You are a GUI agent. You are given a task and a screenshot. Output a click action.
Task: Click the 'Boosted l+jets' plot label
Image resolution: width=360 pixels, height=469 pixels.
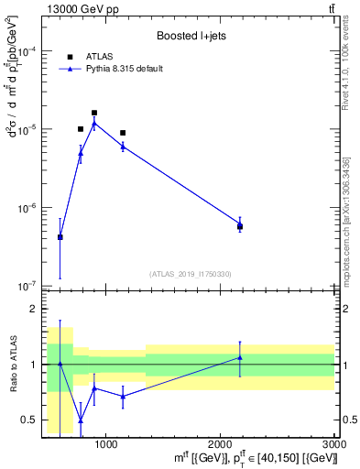tap(190, 37)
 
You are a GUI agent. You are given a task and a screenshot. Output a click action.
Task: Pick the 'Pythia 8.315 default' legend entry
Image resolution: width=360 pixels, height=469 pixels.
tap(120, 69)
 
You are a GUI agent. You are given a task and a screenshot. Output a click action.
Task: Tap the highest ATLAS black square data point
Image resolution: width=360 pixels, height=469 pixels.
tap(94, 113)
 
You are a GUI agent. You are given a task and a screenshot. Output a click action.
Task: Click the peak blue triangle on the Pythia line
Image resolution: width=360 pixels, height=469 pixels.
tap(94, 123)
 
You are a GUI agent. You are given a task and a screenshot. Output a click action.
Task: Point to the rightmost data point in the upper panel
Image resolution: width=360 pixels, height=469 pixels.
tap(240, 225)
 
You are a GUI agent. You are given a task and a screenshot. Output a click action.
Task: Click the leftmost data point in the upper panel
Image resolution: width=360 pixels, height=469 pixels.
tap(60, 237)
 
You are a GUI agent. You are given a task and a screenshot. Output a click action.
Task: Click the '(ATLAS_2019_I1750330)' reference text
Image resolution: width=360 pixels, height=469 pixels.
tap(190, 274)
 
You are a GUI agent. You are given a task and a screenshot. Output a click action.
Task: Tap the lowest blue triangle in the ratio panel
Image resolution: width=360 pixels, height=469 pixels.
tap(81, 420)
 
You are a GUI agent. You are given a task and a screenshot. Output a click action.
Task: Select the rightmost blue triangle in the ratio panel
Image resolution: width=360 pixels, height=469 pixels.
tap(240, 357)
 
